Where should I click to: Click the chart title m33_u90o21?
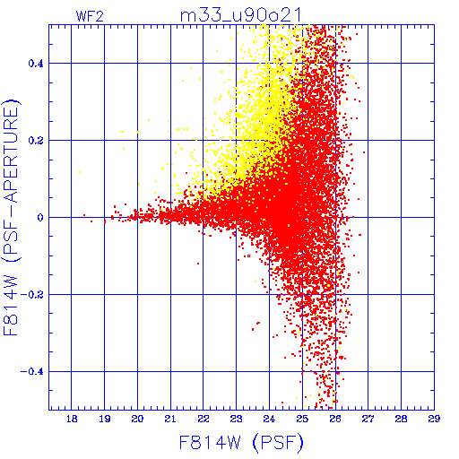click(240, 15)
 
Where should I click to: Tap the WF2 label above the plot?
click(90, 16)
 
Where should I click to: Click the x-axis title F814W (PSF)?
click(241, 442)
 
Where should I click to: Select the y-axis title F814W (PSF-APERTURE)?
click(11, 217)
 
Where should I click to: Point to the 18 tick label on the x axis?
click(72, 419)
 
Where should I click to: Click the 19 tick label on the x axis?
click(105, 419)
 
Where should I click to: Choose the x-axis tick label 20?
click(137, 419)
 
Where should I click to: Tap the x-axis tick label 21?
click(170, 419)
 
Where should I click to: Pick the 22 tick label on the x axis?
click(204, 419)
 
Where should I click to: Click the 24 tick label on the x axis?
click(269, 419)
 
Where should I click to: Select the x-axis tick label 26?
click(335, 419)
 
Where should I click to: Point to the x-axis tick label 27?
click(368, 419)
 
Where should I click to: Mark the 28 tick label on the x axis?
click(401, 419)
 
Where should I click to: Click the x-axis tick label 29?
click(434, 419)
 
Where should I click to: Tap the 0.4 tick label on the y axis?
click(36, 64)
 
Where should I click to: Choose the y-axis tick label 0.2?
click(36, 141)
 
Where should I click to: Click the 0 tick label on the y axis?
click(40, 218)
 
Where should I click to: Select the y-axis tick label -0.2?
click(32, 295)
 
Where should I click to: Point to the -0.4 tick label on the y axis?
click(32, 372)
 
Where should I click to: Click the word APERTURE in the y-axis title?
click(11, 155)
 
